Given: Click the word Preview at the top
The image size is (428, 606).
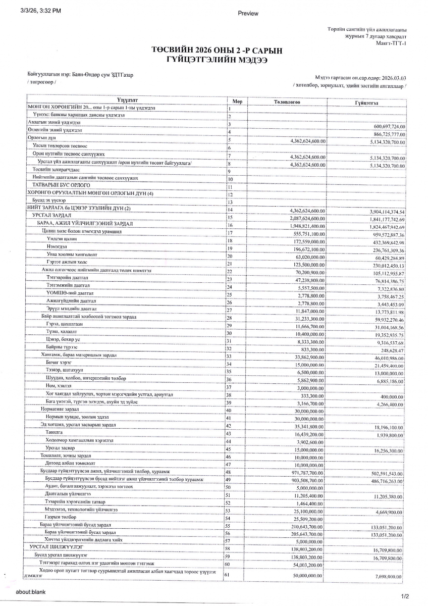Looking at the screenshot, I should [x=247, y=14].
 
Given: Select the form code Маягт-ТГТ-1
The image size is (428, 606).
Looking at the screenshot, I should [x=391, y=43].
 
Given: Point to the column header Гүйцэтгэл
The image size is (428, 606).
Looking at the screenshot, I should [x=367, y=102].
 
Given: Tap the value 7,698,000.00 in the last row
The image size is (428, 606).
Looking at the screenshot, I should [x=388, y=576].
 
